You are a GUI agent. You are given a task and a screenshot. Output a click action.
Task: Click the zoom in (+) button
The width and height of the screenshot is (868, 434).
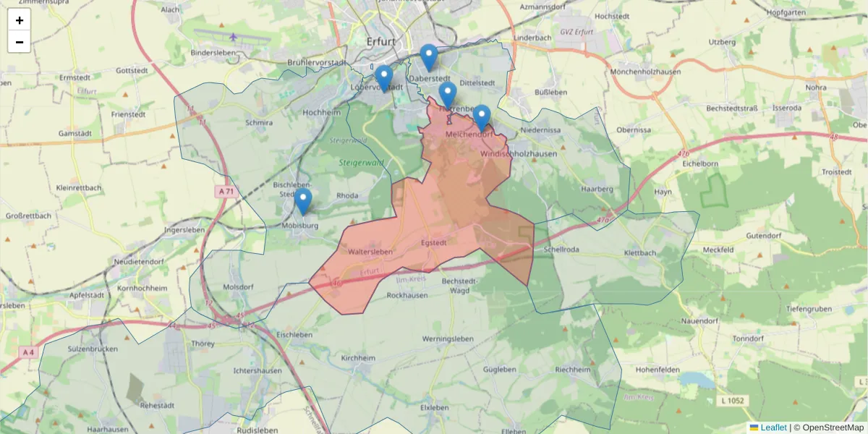[x=19, y=20]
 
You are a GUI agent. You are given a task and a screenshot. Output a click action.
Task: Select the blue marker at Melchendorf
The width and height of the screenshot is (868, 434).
[x=482, y=117]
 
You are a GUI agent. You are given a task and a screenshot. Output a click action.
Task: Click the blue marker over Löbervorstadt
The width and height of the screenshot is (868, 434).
[x=384, y=77]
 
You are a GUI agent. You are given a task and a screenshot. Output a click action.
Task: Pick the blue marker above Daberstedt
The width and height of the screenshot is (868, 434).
[x=429, y=56]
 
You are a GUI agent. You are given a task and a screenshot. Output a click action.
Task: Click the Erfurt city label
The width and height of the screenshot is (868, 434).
[x=380, y=41]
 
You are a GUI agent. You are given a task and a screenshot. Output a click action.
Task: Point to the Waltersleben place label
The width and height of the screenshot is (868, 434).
[x=370, y=252]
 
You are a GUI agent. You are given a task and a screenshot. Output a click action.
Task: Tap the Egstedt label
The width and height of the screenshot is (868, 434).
[x=433, y=242]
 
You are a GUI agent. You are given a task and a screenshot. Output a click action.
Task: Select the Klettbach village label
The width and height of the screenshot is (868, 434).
[x=640, y=253]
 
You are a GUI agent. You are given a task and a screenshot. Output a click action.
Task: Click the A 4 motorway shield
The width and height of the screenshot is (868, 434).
[x=28, y=352]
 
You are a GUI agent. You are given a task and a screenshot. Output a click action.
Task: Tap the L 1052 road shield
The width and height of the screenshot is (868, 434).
[x=733, y=400]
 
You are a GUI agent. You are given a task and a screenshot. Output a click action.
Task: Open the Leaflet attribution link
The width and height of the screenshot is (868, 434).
[x=773, y=427]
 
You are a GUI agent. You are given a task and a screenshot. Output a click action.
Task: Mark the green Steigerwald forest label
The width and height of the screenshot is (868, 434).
[x=361, y=163]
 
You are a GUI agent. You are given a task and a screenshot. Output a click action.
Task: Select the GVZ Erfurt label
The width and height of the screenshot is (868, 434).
[x=576, y=33]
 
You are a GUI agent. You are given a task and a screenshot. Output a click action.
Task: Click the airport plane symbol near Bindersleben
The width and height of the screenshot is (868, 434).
[x=234, y=37]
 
